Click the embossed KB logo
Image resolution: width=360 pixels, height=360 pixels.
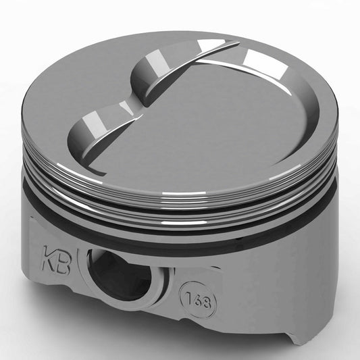click(57, 260)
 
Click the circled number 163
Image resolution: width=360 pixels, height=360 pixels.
click(198, 301)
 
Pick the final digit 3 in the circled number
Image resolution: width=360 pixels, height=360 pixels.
click(207, 303)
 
